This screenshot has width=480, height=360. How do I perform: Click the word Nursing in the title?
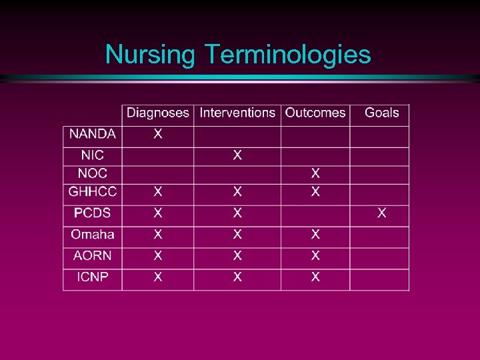click(149, 55)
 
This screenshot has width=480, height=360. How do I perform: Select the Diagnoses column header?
click(158, 113)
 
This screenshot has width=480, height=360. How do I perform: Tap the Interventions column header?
click(237, 113)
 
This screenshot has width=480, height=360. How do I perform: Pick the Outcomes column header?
click(315, 113)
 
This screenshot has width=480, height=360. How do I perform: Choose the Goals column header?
click(381, 113)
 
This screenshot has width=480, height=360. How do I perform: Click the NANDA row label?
click(92, 134)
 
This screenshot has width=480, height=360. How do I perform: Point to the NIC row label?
click(92, 155)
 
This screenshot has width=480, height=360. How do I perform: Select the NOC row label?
click(92, 173)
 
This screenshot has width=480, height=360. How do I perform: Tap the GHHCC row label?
click(92, 192)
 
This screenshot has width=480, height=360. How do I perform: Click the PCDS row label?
click(92, 213)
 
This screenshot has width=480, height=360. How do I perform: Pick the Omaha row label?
click(92, 235)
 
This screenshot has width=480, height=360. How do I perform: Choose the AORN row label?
click(92, 256)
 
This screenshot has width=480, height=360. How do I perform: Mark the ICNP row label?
click(92, 277)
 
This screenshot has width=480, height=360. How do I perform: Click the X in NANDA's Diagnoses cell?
click(157, 134)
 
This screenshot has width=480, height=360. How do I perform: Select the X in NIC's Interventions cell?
click(237, 155)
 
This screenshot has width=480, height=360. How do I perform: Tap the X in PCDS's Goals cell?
click(382, 213)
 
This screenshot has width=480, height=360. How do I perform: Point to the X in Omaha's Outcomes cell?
click(315, 235)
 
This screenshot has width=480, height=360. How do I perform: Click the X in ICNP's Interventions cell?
click(237, 277)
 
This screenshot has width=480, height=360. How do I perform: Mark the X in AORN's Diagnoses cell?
click(157, 256)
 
